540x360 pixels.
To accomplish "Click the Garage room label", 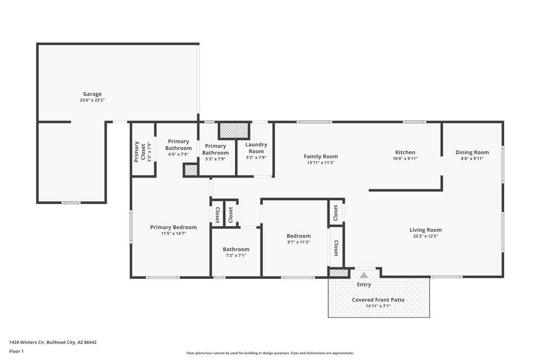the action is click(92, 93).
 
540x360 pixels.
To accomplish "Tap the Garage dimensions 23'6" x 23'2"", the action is click(92, 100).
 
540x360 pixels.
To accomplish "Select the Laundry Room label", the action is click(256, 148).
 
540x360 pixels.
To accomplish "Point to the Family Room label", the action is click(321, 157).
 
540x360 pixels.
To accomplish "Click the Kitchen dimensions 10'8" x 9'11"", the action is click(405, 159).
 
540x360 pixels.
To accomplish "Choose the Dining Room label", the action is click(472, 152).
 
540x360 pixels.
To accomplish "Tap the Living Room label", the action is click(426, 230).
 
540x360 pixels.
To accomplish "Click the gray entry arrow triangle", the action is click(364, 275).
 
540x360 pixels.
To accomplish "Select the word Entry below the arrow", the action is click(364, 284).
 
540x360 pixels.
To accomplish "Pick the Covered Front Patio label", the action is click(378, 300).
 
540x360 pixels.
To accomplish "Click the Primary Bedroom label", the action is click(174, 227).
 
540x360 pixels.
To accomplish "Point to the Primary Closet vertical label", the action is click(140, 152).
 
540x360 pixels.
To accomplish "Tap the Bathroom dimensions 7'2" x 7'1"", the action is click(236, 256).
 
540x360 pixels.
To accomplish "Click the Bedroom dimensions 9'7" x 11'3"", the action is click(298, 242).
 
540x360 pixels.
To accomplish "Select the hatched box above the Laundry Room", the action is click(234, 131).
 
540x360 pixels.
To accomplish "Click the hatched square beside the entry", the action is click(339, 273).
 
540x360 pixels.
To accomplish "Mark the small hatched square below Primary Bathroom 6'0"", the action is click(190, 171).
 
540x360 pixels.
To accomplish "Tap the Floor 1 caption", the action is click(16, 352).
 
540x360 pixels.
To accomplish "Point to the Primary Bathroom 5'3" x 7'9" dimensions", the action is click(215, 159).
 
